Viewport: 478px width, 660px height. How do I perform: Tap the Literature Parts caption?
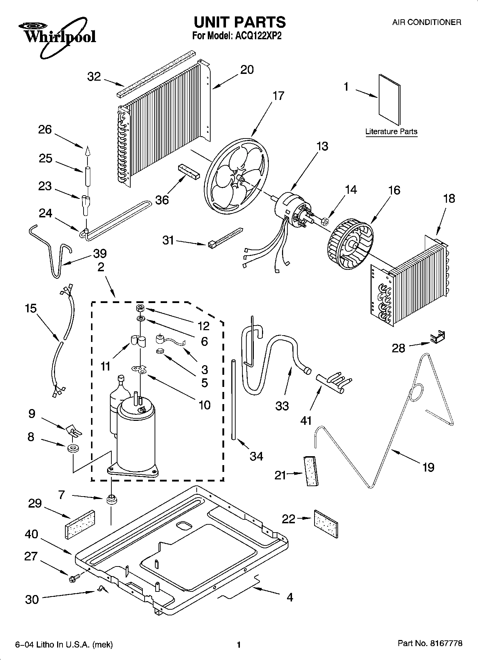(x=391, y=131)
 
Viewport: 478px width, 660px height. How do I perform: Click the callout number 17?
(x=278, y=96)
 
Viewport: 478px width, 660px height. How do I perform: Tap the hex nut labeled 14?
(x=326, y=221)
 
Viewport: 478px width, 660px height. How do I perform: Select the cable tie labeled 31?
(x=225, y=237)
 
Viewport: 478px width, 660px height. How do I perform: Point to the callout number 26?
(x=45, y=129)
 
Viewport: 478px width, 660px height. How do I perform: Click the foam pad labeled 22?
(x=326, y=524)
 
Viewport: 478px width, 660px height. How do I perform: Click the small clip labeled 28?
(x=438, y=337)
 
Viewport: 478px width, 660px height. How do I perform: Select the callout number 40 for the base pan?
(x=31, y=534)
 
